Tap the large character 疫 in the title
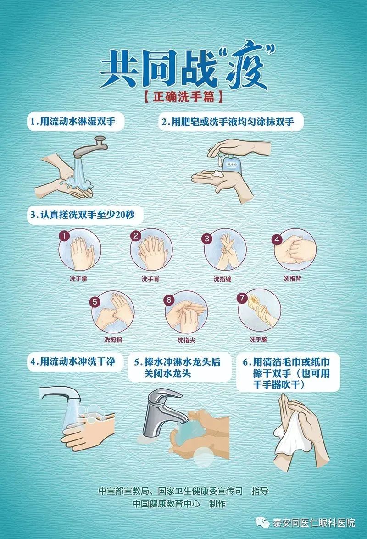point(247,65)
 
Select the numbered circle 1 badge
point(64,236)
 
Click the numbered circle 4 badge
point(277,239)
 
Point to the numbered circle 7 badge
point(242,298)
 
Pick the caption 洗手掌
point(78,278)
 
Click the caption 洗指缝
point(222,279)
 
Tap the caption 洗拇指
point(113,339)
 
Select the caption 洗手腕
point(258,339)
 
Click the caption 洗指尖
point(186,340)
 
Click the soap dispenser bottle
point(232,165)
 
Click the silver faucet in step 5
point(161,412)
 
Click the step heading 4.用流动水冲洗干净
point(73,361)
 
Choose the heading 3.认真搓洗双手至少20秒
point(83,215)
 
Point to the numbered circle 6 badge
point(169,300)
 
